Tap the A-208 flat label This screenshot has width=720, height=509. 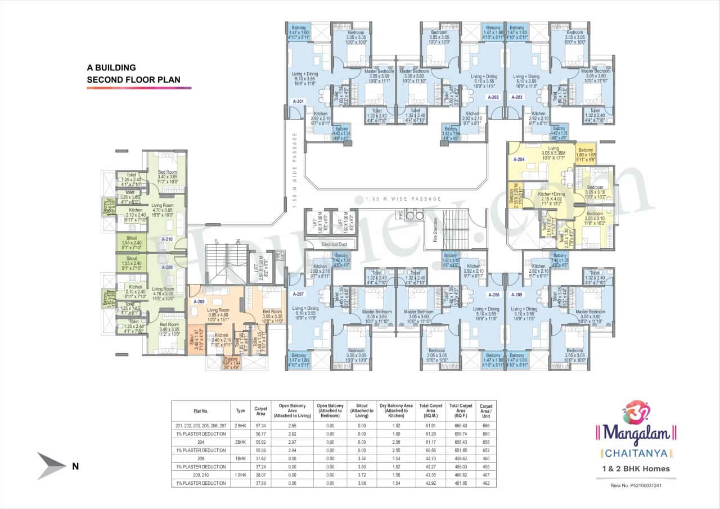[x=199, y=301]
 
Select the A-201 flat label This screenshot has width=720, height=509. [x=298, y=101]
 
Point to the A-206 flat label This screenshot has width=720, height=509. [x=494, y=294]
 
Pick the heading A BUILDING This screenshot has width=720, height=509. [x=111, y=67]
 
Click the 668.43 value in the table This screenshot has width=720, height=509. [x=460, y=442]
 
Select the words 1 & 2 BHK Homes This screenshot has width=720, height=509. [x=636, y=469]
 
